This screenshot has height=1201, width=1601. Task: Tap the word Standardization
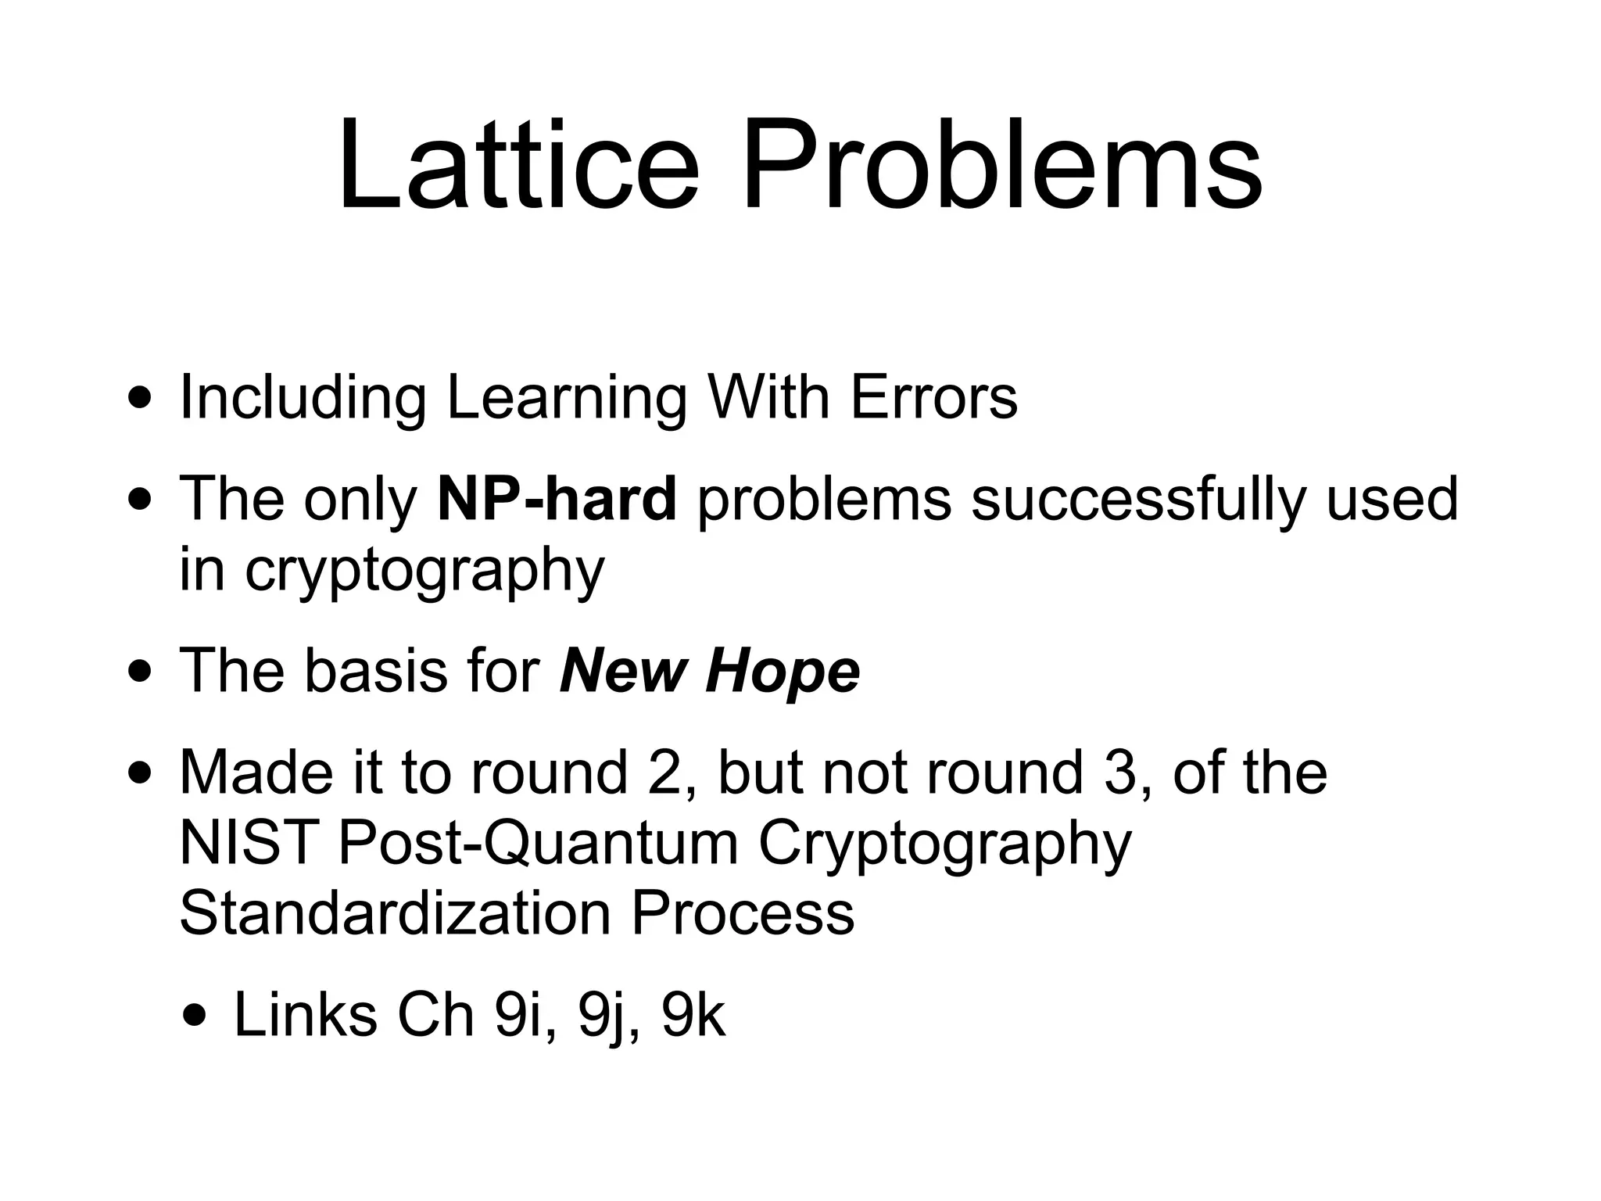point(395,912)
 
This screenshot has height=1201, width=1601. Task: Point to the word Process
point(743,912)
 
